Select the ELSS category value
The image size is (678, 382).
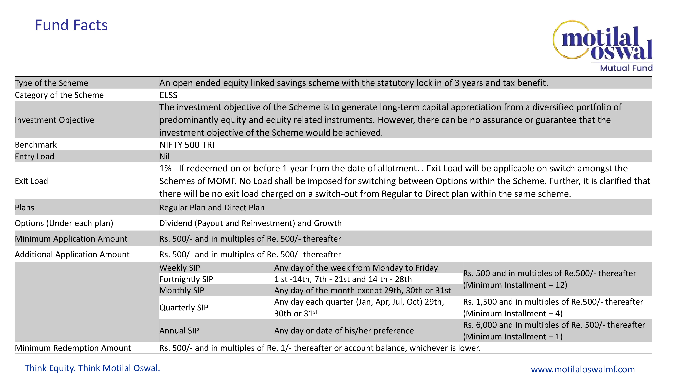point(168,95)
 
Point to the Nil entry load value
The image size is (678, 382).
point(164,157)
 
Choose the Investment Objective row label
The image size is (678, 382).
point(54,120)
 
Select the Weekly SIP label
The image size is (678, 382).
point(180,268)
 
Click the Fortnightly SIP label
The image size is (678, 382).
point(186,279)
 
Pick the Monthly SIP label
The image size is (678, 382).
point(182,290)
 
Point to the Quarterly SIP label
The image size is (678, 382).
point(184,308)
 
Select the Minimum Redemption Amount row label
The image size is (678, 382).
point(73,348)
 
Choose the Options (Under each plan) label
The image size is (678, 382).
point(64,223)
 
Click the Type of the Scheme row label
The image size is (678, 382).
point(51,83)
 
